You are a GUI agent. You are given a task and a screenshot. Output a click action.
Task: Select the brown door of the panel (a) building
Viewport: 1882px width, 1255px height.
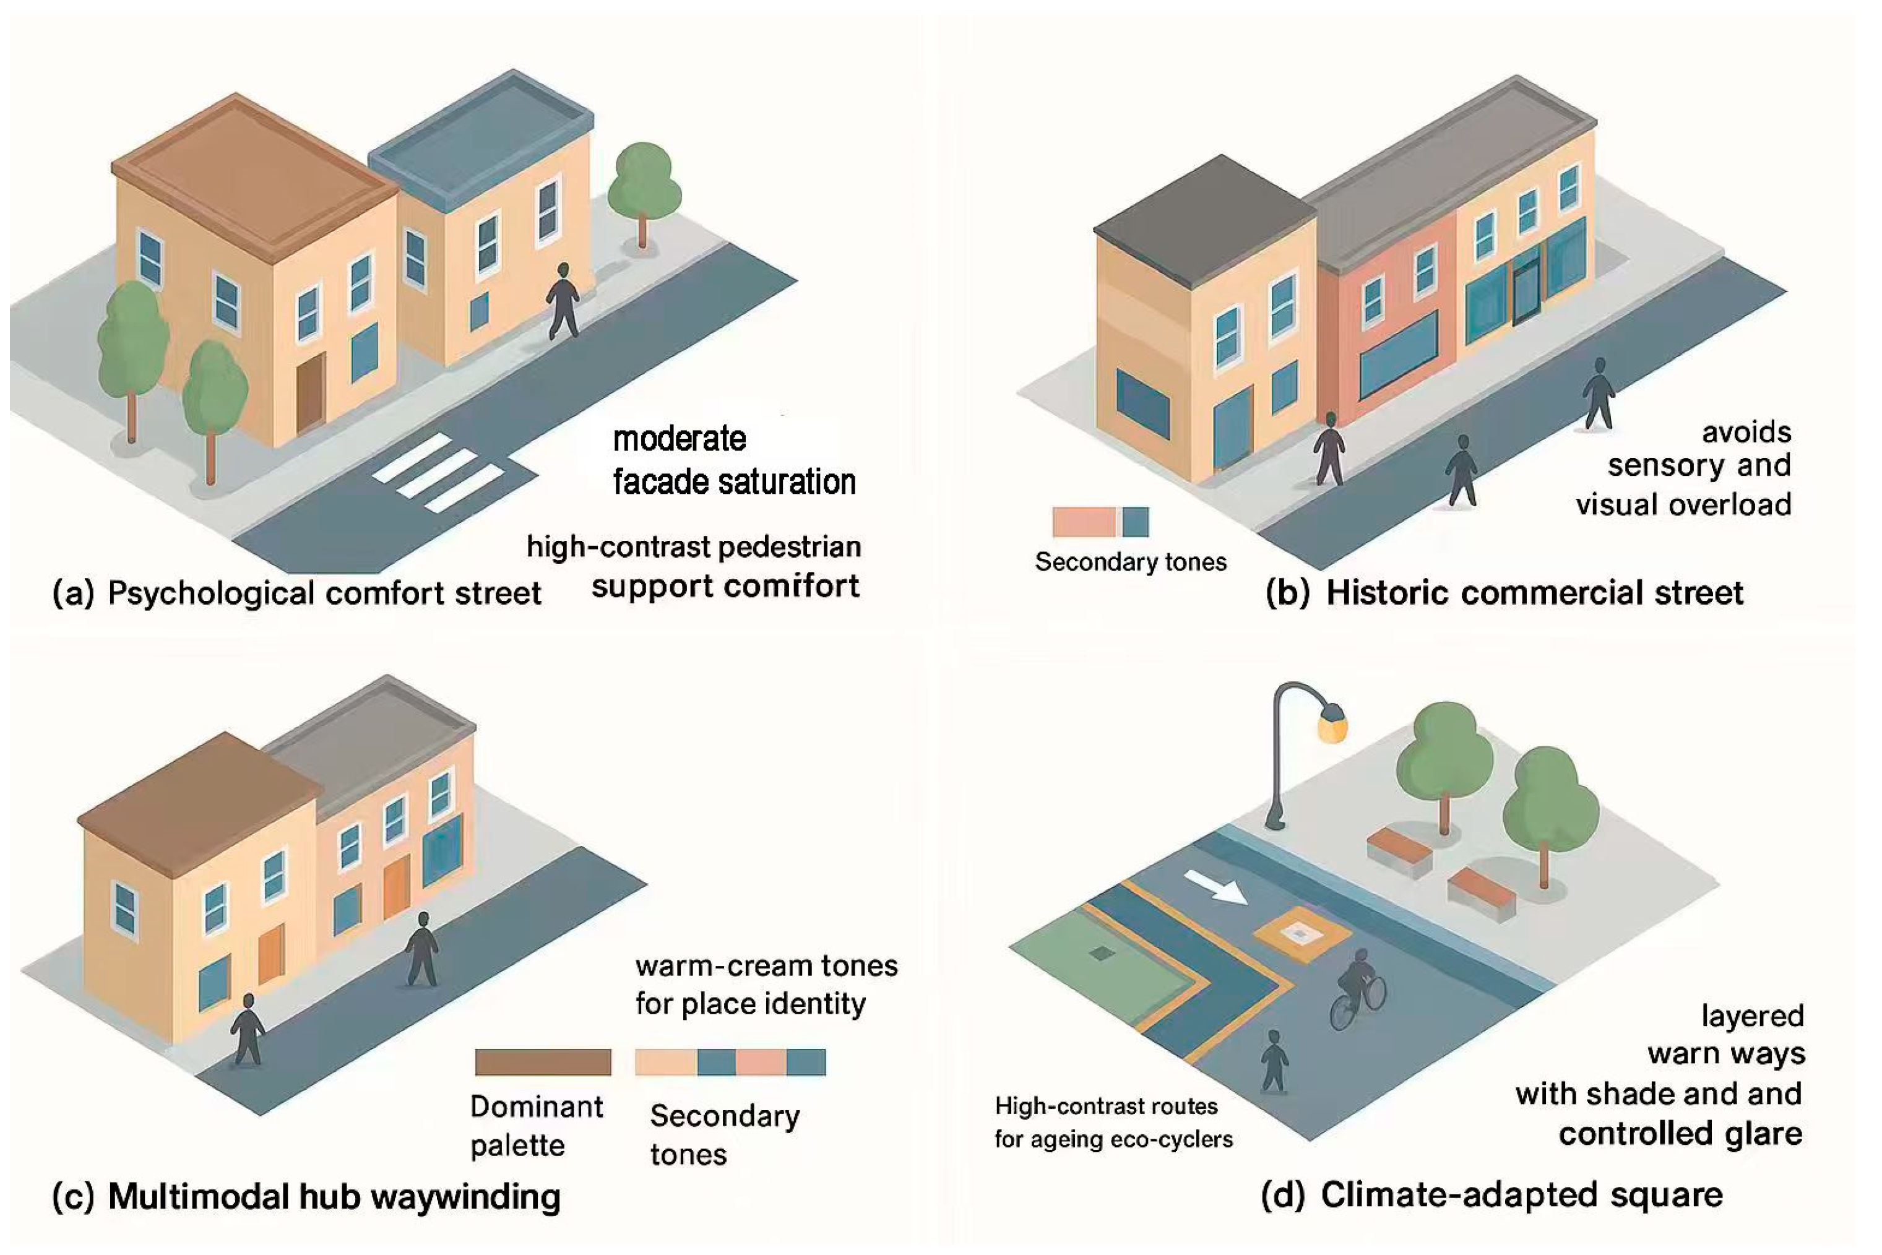tap(311, 393)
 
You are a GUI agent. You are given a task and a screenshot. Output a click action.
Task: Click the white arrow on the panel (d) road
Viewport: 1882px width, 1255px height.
tap(1215, 887)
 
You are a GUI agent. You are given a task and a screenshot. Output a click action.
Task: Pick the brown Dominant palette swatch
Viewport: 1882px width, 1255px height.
tap(543, 1061)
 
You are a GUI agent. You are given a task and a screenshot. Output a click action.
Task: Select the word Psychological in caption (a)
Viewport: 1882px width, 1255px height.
tap(211, 593)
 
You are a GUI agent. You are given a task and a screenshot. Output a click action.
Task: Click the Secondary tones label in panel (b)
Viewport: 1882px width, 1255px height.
tap(1130, 562)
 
